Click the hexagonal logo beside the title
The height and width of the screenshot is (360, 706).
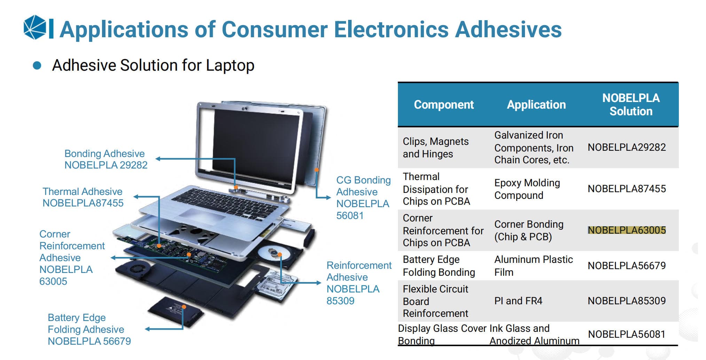35,27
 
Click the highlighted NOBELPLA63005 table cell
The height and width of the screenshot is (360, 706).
627,230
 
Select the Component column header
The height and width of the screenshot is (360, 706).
444,104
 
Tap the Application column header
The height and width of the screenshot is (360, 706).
536,104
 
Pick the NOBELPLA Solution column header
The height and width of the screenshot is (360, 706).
631,104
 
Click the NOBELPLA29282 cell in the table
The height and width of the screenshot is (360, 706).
627,147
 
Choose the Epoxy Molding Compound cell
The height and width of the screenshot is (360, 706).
527,189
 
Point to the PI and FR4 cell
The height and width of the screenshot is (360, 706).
518,301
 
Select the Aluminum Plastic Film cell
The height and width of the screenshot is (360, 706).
533,266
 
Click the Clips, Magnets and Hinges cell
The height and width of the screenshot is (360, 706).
436,148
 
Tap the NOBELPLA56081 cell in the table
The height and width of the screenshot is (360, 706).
627,334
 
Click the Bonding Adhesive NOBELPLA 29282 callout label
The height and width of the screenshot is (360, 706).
106,159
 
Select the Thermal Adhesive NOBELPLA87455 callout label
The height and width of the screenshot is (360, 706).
83,197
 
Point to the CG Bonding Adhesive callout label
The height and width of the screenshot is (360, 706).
363,197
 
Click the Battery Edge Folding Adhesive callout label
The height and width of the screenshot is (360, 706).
89,329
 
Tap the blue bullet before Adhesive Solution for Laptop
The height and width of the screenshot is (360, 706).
37,65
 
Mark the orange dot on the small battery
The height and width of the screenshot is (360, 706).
184,307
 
